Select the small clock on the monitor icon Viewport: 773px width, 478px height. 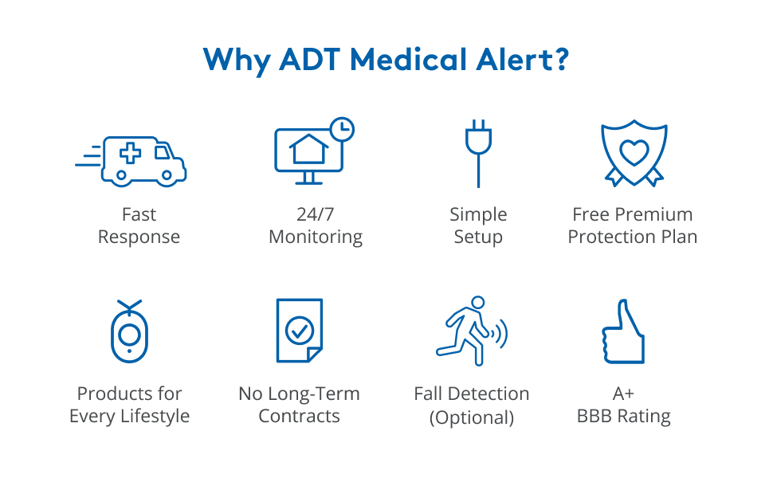342,128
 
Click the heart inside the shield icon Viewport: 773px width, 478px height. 634,151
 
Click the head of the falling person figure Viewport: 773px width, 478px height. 477,304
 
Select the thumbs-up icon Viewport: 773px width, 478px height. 622,331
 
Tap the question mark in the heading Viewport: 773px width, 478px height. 560,61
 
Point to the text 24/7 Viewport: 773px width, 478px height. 316,214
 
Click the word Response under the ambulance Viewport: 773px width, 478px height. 139,237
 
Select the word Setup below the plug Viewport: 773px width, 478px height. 478,237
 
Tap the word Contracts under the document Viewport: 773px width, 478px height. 300,417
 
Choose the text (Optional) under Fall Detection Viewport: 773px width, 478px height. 472,417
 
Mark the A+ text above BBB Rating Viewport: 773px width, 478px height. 623,394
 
